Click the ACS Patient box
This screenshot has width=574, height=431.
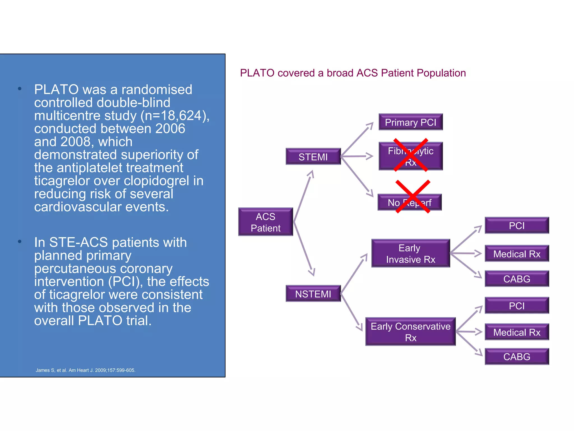(265, 222)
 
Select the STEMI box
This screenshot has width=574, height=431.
(313, 157)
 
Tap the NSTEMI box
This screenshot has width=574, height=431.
(313, 294)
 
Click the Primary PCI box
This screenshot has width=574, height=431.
(410, 122)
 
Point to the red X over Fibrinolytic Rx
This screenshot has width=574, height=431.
(411, 155)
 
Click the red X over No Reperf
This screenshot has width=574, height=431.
(413, 196)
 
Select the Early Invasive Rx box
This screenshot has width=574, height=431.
(410, 253)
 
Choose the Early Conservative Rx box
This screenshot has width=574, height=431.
(410, 332)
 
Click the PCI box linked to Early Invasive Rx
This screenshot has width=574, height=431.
(517, 225)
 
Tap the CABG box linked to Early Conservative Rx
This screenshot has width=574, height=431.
(517, 357)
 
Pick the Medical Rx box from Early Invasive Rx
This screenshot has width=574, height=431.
(517, 254)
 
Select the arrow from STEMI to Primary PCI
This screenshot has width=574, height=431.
(357, 139)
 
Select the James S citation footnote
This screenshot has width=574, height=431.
(85, 370)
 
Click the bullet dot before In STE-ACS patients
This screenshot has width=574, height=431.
(20, 241)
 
